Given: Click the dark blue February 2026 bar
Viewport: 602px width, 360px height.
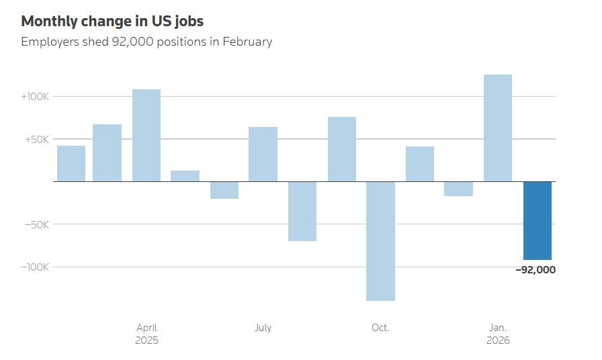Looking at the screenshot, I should click(537, 220).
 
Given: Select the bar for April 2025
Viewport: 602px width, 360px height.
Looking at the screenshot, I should click(146, 136).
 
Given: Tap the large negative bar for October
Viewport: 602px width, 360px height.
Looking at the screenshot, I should click(380, 240).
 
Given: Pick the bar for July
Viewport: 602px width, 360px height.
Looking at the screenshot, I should click(263, 154).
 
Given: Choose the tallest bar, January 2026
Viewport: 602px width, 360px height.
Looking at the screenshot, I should click(498, 128).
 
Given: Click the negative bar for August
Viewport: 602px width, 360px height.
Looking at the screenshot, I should click(302, 211).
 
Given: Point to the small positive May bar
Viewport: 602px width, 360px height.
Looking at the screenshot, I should click(185, 176).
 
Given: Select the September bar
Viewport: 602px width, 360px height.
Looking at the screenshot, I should click(342, 149).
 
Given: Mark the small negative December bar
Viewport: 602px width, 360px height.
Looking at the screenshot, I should click(459, 189).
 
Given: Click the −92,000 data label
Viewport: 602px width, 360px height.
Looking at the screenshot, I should click(535, 270).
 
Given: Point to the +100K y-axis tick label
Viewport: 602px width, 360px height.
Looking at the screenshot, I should click(35, 97).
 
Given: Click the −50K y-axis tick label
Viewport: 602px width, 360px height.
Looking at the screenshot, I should click(36, 224).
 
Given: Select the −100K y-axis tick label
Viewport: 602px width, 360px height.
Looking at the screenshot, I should click(34, 267).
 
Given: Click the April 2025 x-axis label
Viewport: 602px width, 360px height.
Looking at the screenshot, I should click(146, 334).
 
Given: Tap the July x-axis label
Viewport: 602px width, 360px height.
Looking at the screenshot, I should click(263, 328).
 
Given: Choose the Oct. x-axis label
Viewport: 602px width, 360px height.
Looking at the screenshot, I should click(380, 328).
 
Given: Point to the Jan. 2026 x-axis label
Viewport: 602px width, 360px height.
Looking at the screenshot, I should click(498, 334).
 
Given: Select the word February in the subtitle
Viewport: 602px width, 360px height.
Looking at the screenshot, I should click(247, 42).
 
